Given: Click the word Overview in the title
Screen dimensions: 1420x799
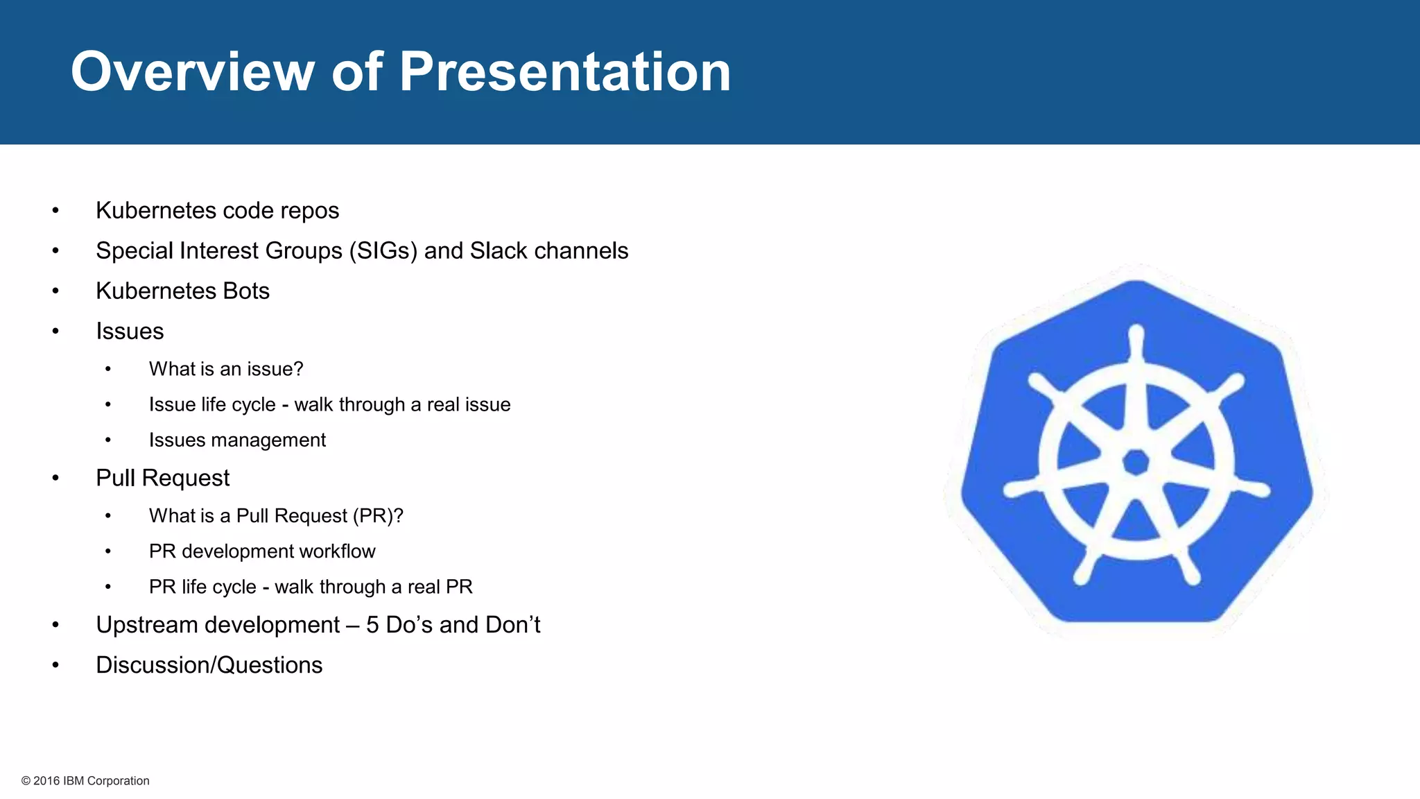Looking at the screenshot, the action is pyautogui.click(x=193, y=71).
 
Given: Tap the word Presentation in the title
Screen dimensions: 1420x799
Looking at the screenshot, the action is pyautogui.click(x=564, y=71).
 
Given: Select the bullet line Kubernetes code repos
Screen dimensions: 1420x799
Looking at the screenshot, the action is pyautogui.click(x=217, y=210).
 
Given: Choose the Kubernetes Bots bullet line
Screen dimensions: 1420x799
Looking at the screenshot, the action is pyautogui.click(x=182, y=291).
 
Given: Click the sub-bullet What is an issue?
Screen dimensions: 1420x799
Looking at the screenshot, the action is pyautogui.click(x=226, y=369).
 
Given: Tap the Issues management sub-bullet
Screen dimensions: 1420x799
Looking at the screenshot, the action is pyautogui.click(x=237, y=440).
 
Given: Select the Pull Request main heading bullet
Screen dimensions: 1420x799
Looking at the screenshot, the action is pyautogui.click(x=162, y=478).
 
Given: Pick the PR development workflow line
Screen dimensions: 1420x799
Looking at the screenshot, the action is pyautogui.click(x=262, y=551).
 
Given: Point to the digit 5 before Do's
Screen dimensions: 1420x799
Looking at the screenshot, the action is pyautogui.click(x=372, y=625).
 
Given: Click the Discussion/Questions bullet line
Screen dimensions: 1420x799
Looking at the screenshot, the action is pyautogui.click(x=209, y=665).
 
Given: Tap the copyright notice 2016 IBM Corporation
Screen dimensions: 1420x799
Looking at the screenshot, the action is pyautogui.click(x=85, y=781).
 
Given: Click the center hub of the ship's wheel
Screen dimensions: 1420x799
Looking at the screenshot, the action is pyautogui.click(x=1136, y=461).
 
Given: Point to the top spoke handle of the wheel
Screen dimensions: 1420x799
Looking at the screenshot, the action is pyautogui.click(x=1136, y=340).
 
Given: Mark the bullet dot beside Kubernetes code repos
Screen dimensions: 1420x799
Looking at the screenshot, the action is pyautogui.click(x=55, y=210).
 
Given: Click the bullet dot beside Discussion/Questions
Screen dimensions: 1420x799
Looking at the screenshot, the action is pyautogui.click(x=55, y=665).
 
